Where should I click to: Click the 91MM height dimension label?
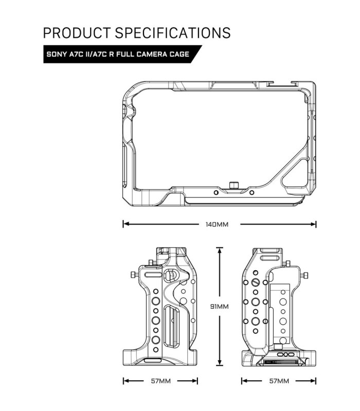coord(219,306)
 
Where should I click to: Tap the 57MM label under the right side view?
coord(279,381)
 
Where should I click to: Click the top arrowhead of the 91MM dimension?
coord(220,250)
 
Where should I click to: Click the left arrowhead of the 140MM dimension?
coord(125,225)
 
